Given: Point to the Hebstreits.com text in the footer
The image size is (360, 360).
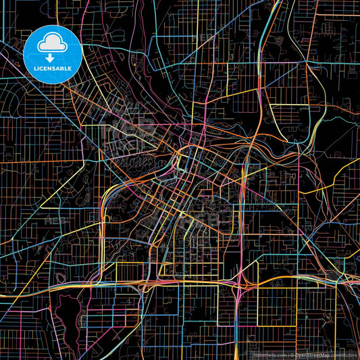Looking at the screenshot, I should [x=270, y=354].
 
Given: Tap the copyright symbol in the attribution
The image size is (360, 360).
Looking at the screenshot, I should [x=292, y=354].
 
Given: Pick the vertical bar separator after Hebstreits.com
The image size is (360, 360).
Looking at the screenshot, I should [x=288, y=354].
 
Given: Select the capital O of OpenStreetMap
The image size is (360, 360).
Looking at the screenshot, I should [x=297, y=354].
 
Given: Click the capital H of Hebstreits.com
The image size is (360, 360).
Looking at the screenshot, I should [x=255, y=354].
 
